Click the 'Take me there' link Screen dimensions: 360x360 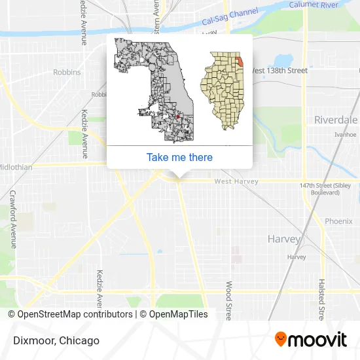(x=179, y=157)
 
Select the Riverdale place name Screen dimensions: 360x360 (x=336, y=120)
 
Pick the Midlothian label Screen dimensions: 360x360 (x=16, y=167)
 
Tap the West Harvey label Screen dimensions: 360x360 (x=236, y=181)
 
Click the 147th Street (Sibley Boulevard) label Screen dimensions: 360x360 (x=319, y=189)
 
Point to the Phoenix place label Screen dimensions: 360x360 (x=338, y=221)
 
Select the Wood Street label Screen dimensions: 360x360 (x=228, y=300)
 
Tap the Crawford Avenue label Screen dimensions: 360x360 (x=12, y=219)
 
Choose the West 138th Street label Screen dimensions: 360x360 (x=279, y=70)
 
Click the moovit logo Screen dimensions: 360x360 (x=310, y=340)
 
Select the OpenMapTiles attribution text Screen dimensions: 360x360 (x=173, y=314)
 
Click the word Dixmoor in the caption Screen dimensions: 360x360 (x=31, y=340)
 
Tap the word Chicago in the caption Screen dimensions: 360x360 (x=80, y=340)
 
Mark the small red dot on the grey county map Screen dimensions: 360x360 (x=177, y=118)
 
